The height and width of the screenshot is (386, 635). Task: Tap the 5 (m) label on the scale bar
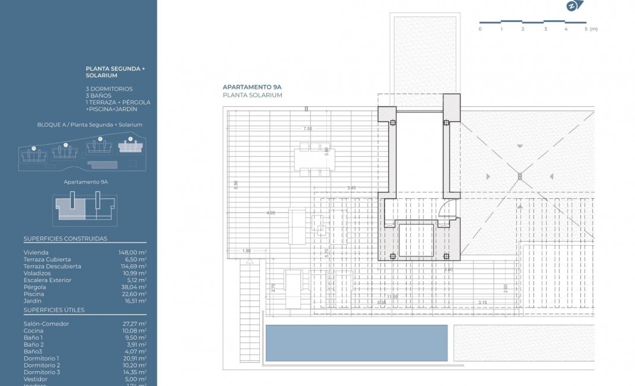[x=590, y=29]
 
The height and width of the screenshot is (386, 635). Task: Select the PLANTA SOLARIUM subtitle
[x=252, y=95]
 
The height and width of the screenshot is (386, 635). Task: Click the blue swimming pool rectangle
[x=356, y=343]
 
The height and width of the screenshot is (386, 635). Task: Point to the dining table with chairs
[x=311, y=160]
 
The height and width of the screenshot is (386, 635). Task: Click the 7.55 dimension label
[x=307, y=129]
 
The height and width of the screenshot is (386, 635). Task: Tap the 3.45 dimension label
[x=351, y=188]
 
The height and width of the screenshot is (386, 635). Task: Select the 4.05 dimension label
[x=271, y=213]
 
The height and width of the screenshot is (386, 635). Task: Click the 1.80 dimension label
[x=246, y=251]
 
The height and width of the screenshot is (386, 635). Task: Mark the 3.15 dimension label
[x=482, y=302]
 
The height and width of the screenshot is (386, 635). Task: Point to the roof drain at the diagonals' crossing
[x=519, y=176]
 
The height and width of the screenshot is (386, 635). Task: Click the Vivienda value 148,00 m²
[x=132, y=252]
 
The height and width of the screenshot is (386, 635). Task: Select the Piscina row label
[x=34, y=294]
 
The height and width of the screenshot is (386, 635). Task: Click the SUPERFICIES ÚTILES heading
[x=54, y=310]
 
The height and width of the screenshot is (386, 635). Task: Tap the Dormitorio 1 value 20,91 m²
[x=134, y=358]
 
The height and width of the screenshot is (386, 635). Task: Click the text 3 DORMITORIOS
[x=109, y=88]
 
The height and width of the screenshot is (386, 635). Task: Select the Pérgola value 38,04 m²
[x=134, y=287]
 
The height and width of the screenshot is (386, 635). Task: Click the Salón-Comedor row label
[x=46, y=324]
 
